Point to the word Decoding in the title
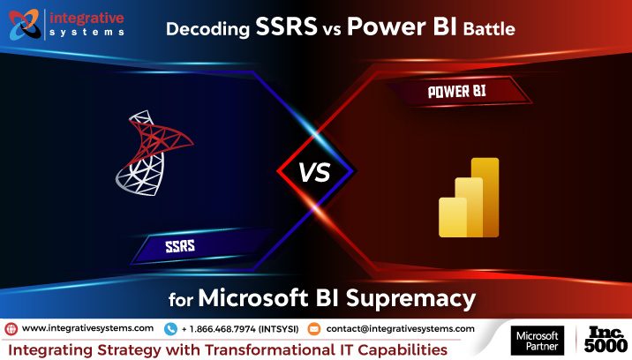point(206,28)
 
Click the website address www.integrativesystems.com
point(87,328)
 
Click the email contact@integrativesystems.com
point(400,328)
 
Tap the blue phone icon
point(169,328)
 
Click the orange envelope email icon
point(314,328)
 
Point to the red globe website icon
point(11,328)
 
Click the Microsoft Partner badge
point(538,341)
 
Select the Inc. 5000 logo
point(605,340)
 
